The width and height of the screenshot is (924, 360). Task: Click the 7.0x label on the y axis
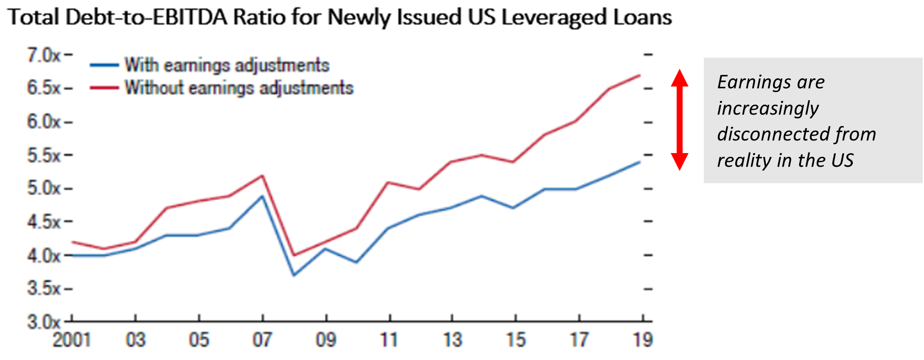44,55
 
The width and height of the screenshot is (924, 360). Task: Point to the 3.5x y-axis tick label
44,289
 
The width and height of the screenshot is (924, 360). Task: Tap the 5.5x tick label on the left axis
44,156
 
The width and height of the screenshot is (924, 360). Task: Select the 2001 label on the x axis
71,340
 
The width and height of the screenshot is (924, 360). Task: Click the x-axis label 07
262,340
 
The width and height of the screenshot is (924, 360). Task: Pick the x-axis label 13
452,340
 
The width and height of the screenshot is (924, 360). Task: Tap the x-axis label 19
643,340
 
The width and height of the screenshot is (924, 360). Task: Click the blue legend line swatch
104,65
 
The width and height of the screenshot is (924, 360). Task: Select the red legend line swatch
104,88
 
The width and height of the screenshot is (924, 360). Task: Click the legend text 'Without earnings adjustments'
239,88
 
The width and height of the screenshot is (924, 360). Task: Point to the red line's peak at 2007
263,176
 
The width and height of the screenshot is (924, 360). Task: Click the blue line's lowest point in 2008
294,275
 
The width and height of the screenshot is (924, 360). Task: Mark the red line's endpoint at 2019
639,75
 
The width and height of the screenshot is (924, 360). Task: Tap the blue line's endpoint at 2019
639,162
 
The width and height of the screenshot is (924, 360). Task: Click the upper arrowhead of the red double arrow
680,77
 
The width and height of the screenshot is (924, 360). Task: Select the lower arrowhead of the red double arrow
680,162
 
